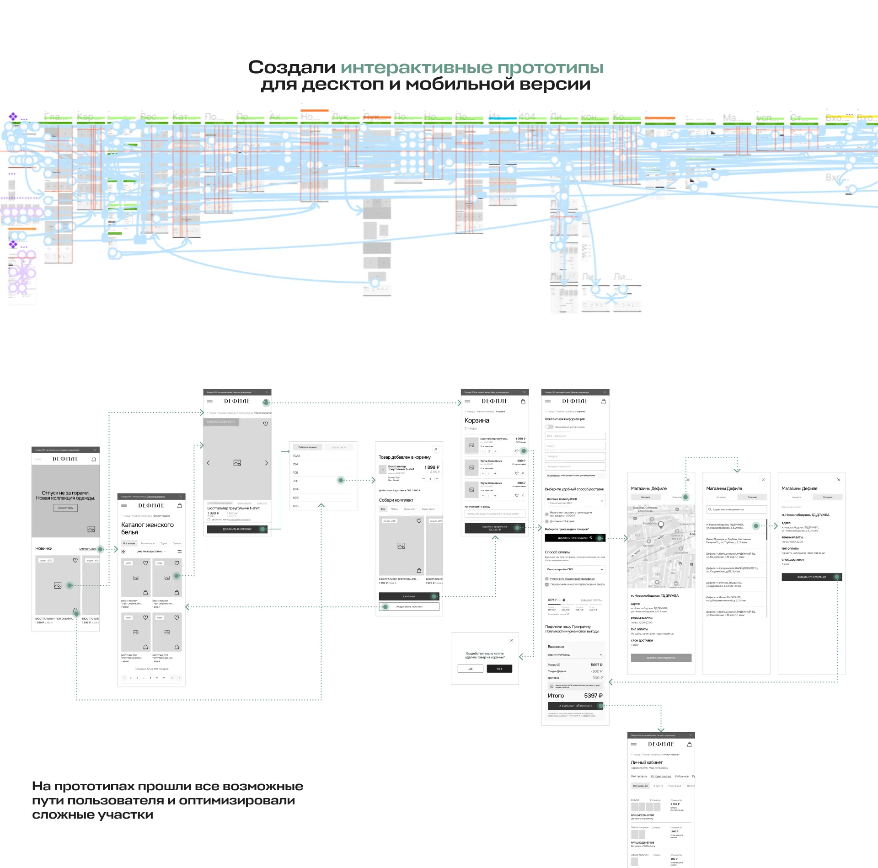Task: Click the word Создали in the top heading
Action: [292, 68]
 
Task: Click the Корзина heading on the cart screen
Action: [476, 420]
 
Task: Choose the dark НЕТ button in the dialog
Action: [499, 669]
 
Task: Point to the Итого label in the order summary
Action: [556, 696]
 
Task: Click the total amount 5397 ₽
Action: [593, 696]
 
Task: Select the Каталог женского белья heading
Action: [147, 528]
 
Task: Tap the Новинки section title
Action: [44, 548]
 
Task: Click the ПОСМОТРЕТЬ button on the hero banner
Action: [65, 508]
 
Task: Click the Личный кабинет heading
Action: [647, 762]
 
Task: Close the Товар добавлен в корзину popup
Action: [436, 449]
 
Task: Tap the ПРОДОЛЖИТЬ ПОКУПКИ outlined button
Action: [409, 607]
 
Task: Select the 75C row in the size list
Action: [296, 481]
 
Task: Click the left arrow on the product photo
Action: [209, 463]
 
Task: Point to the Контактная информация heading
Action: [565, 419]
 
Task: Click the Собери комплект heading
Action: [396, 500]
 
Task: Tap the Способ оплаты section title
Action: [557, 552]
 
